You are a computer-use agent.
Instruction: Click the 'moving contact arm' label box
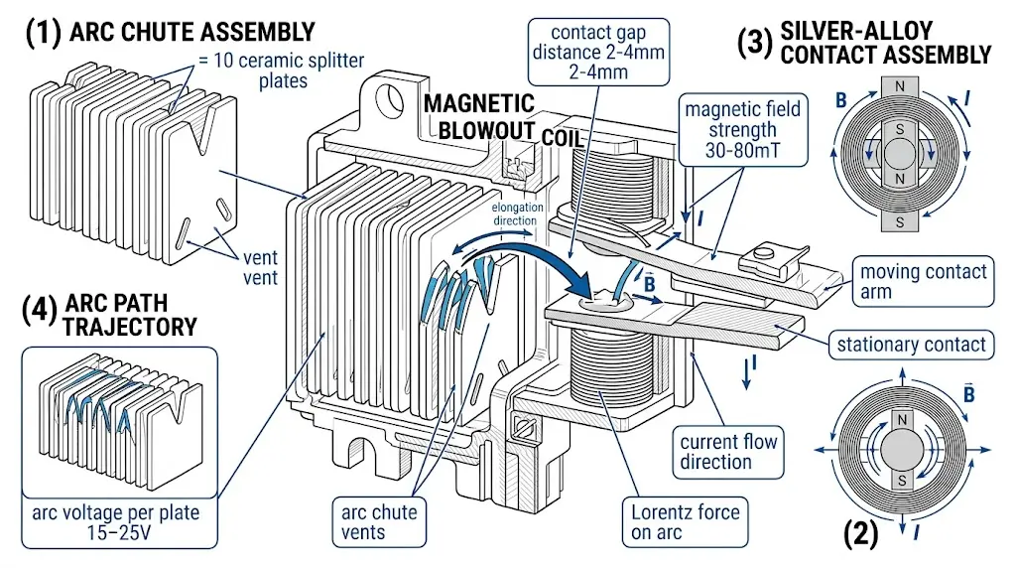coord(923,281)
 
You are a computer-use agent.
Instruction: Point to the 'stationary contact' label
coord(911,345)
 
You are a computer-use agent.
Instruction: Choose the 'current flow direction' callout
coord(729,451)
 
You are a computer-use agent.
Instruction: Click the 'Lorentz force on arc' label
coord(685,522)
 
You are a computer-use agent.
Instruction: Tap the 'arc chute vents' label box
coord(379,522)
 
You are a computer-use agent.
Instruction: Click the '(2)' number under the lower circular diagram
coord(859,536)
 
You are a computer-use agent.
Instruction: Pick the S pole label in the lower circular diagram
coord(902,481)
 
